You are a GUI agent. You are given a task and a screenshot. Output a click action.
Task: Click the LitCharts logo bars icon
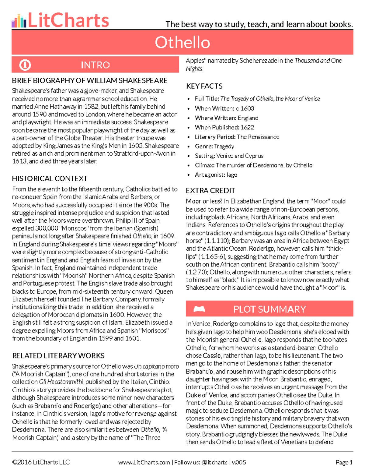pos(19,21)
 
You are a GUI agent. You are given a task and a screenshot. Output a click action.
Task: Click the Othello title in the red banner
pos(182,42)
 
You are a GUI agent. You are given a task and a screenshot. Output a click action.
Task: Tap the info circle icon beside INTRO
pos(25,65)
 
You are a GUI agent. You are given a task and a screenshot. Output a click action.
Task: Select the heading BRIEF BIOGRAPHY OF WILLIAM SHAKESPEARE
pos(89,81)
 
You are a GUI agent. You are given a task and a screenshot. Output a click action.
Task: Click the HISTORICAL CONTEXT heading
pos(50,178)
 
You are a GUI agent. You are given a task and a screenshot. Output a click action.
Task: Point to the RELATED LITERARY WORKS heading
pos(58,356)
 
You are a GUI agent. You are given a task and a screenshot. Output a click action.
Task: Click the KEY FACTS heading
pos(204,86)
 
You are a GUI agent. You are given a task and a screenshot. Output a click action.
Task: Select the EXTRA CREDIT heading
pos(210,191)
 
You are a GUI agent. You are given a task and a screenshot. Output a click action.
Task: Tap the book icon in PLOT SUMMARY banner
pos(199,309)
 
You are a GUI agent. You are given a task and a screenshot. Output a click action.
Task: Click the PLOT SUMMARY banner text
pos(269,309)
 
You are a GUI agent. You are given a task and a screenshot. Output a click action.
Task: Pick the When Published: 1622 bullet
pos(224,127)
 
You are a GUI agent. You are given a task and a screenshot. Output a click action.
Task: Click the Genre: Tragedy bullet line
pos(214,146)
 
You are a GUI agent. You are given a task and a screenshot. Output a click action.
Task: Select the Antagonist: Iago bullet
pos(216,175)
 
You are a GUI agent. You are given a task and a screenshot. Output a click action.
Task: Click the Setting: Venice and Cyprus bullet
pos(229,156)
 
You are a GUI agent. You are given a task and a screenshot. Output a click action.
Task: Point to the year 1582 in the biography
pos(91,107)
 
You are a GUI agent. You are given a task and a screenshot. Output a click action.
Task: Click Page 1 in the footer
pos(344,462)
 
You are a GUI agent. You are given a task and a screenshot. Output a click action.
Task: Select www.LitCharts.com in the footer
pos(144,462)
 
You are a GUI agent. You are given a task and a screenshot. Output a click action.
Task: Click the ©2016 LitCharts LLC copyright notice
pos(41,462)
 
